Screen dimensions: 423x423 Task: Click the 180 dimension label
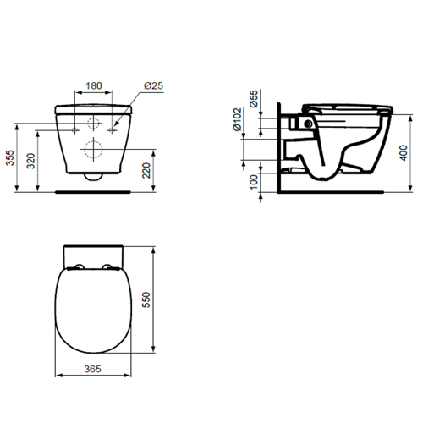(94, 85)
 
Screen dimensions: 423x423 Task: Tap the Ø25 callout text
(153, 85)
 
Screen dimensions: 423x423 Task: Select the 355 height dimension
(10, 158)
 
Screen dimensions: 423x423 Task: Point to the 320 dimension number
(30, 161)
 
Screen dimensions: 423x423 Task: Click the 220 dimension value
(146, 170)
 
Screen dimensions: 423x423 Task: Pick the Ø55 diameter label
(254, 99)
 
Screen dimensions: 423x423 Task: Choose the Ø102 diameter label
(237, 119)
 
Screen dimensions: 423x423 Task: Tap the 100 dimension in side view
(254, 182)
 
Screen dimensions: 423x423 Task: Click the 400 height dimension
(404, 153)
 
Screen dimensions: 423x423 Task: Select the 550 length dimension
(146, 299)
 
